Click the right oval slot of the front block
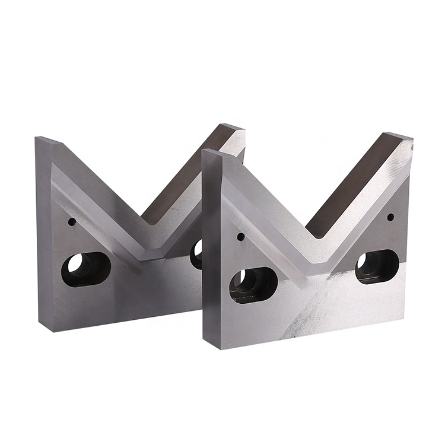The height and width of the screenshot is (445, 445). [x=377, y=266]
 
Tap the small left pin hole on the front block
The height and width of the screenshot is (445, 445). [x=240, y=237]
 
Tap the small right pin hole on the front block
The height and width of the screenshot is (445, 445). [x=390, y=217]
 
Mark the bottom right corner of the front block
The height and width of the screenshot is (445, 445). [x=408, y=314]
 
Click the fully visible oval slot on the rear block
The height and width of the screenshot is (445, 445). [x=86, y=269]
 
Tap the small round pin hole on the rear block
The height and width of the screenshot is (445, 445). [x=72, y=222]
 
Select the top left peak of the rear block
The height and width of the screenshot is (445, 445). [x=47, y=141]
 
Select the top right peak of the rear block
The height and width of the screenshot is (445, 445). [x=231, y=129]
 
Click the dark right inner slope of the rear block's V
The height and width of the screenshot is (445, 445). [x=184, y=178]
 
